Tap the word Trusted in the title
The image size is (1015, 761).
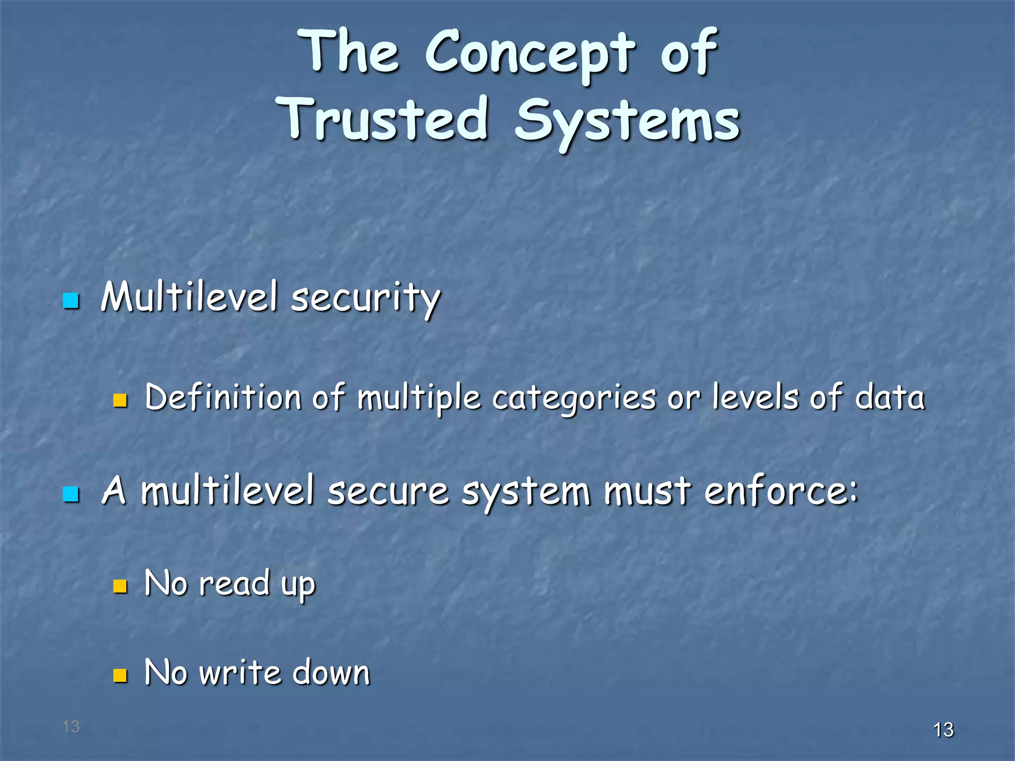point(385,119)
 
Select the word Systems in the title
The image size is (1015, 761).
point(627,121)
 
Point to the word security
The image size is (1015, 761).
point(365,298)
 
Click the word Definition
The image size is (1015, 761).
point(223,397)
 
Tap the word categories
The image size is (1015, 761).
point(573,398)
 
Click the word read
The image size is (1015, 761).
point(234,583)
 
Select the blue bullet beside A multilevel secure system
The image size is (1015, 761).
point(71,494)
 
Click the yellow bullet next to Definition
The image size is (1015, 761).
point(120,400)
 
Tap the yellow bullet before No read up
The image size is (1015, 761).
point(120,586)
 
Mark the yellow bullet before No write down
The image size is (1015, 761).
point(120,675)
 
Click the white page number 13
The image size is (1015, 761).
point(943,730)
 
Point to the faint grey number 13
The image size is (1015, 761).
point(71,726)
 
